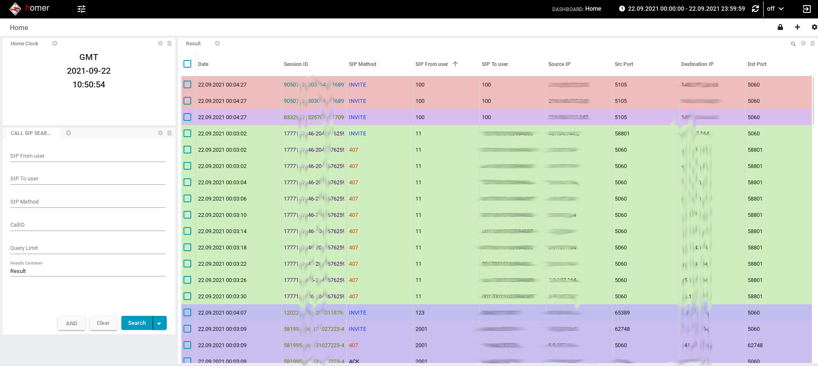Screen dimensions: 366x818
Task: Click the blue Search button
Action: [137, 323]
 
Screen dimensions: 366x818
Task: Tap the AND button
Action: [72, 323]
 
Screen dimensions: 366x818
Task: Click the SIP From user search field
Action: [87, 156]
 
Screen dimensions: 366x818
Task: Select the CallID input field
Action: [87, 225]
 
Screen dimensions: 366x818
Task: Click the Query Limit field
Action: [87, 249]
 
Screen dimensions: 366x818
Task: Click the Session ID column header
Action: [296, 64]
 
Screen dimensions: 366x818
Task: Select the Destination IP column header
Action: [697, 64]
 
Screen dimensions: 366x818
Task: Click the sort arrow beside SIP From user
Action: [455, 64]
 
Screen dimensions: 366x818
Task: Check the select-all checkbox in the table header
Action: [187, 64]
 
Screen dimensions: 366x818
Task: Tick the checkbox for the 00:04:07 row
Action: [187, 312]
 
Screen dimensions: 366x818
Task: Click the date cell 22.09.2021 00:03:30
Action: [222, 297]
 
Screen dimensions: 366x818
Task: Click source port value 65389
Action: [622, 313]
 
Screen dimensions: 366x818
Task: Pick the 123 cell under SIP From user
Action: [420, 313]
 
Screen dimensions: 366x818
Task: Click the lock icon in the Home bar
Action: [780, 27]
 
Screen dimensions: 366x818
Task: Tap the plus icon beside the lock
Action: [797, 27]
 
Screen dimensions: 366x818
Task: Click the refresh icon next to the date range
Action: [755, 9]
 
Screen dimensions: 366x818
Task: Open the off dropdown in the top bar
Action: [775, 9]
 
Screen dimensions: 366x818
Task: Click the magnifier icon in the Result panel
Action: [793, 44]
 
